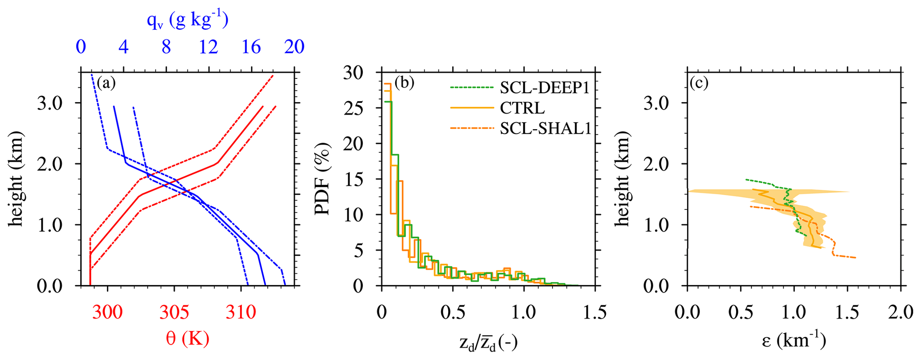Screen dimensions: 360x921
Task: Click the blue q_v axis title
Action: (188, 20)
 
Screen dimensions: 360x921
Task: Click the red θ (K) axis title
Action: (188, 339)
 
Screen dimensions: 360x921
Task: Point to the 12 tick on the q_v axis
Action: (209, 47)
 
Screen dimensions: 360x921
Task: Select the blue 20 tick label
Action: (294, 47)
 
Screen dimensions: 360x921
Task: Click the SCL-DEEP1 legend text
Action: (544, 88)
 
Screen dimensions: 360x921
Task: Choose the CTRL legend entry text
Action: (522, 108)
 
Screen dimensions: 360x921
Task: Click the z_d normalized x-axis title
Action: (488, 342)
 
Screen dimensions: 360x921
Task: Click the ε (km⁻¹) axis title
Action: (794, 341)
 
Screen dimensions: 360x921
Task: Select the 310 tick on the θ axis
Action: (241, 312)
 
